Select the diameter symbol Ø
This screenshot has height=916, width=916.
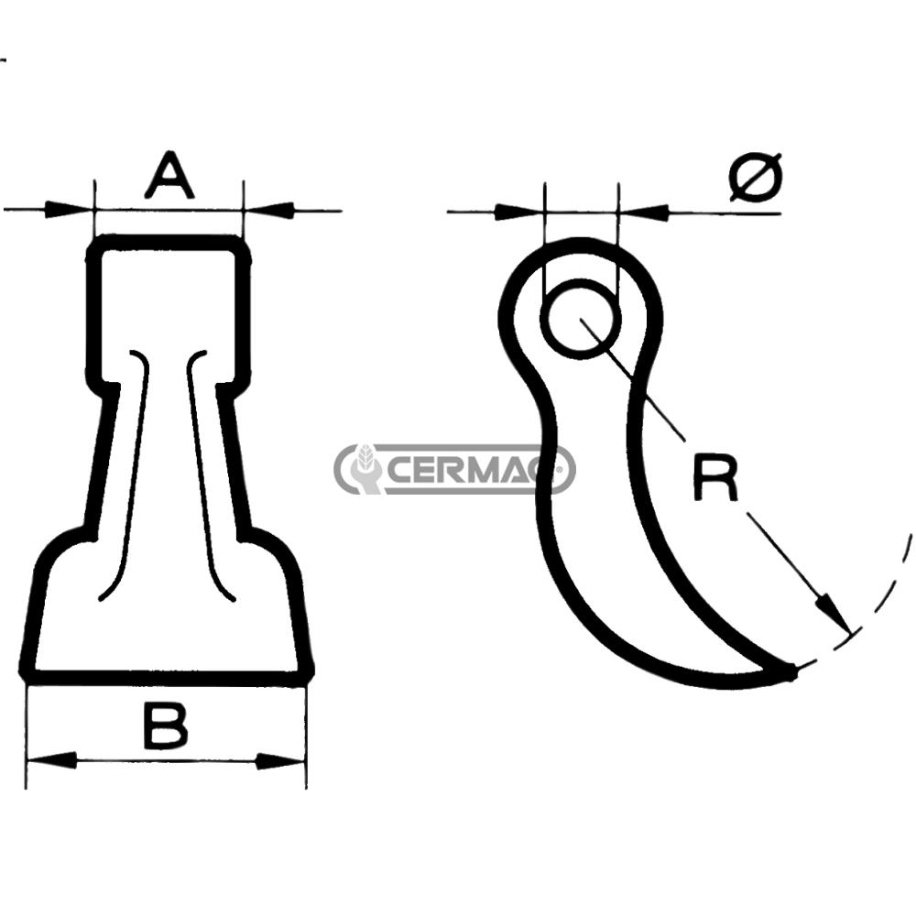[x=756, y=177]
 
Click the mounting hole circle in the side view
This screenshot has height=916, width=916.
[x=580, y=319]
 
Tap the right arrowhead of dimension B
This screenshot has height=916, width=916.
[x=279, y=760]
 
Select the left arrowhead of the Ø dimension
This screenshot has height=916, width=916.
[x=518, y=213]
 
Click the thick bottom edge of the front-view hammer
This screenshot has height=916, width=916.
[x=165, y=677]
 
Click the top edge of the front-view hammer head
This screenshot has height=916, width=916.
[x=169, y=243]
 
